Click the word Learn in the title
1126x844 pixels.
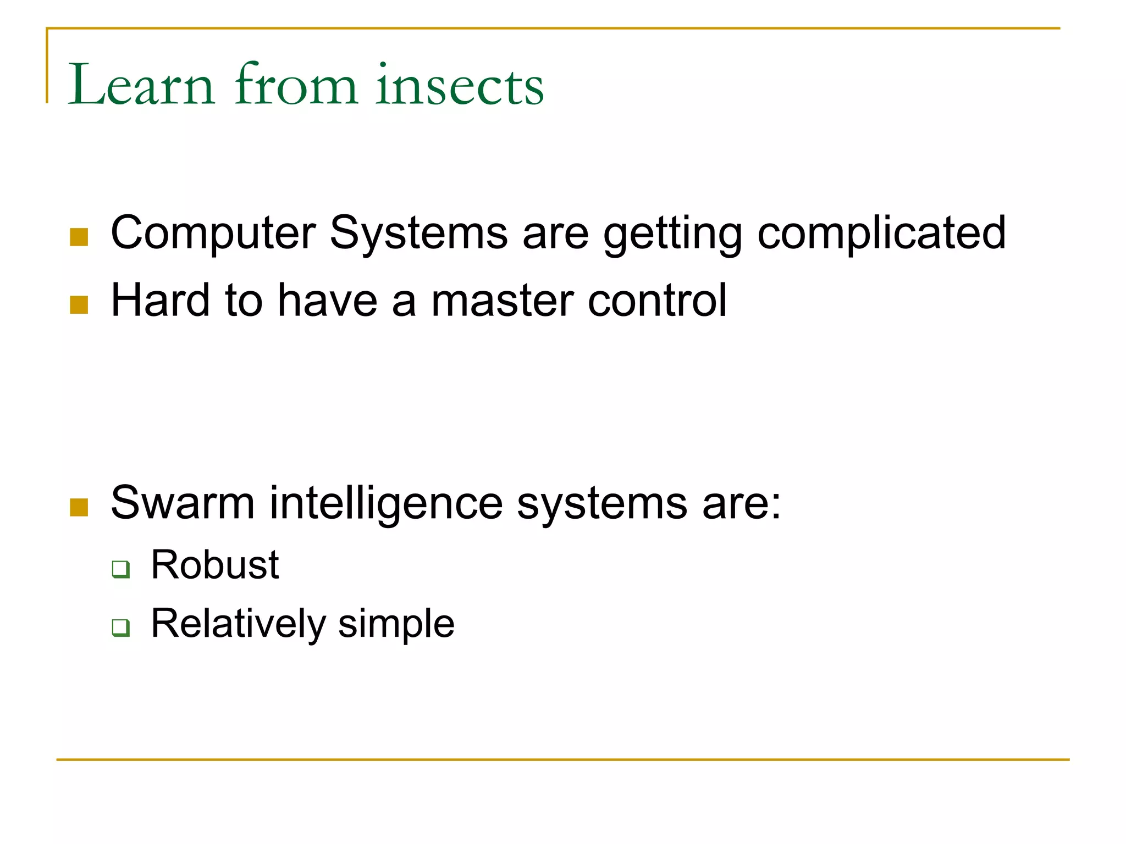(x=141, y=85)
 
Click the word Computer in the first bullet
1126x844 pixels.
(x=213, y=234)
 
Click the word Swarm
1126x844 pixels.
(x=183, y=502)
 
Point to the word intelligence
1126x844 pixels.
(x=386, y=503)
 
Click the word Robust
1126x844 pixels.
(x=215, y=565)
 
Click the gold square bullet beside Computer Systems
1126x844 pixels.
(x=79, y=237)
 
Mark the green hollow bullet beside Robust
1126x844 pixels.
(x=121, y=569)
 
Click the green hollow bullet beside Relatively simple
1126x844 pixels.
(x=121, y=628)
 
